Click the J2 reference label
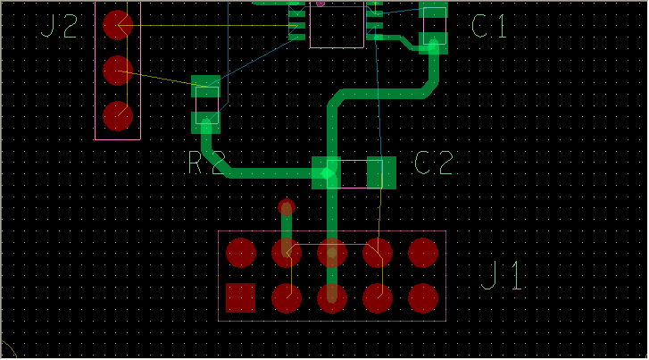61,27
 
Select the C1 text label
488,27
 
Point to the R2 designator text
206,163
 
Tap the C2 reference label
434,163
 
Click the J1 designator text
501,276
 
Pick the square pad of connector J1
241,297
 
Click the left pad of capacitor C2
327,172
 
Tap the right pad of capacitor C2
381,172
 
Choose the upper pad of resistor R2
206,87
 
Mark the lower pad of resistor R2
206,121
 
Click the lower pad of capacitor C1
434,42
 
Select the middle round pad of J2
118,70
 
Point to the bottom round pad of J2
118,115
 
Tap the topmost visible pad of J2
118,24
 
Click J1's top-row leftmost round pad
241,253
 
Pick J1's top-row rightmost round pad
423,253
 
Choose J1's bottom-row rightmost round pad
423,297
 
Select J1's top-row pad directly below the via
287,253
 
